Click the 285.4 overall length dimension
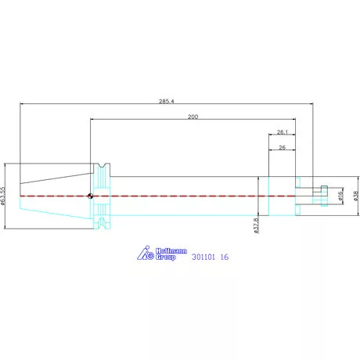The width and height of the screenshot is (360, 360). pyautogui.click(x=167, y=101)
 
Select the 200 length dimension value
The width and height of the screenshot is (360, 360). pyautogui.click(x=193, y=117)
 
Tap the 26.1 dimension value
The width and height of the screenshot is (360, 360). pyautogui.click(x=283, y=132)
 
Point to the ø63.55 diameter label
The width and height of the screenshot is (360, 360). pyautogui.click(x=2, y=196)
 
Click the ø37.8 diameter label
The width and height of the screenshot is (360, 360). pyautogui.click(x=256, y=225)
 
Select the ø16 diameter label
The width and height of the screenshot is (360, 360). pyautogui.click(x=340, y=196)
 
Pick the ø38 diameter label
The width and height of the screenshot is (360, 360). pyautogui.click(x=356, y=196)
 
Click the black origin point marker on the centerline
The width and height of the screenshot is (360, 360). pyautogui.click(x=90, y=196)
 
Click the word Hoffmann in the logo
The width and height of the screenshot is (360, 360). pyautogui.click(x=171, y=251)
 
